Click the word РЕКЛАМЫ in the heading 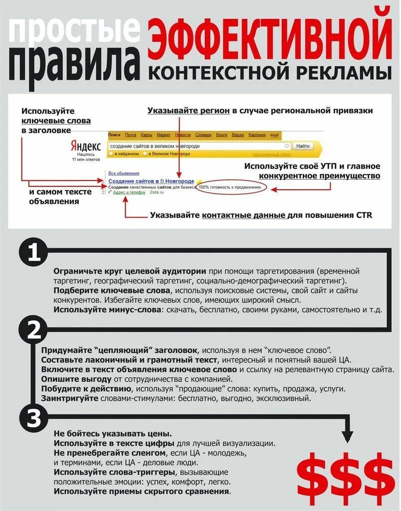(x=343, y=73)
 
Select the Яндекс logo (x=85, y=146)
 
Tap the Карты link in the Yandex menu (x=146, y=135)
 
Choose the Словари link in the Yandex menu (x=203, y=135)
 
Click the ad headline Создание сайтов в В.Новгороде (x=151, y=180)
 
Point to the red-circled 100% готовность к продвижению (x=230, y=188)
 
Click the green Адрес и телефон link (x=129, y=193)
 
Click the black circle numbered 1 (x=33, y=254)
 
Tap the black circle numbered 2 (x=33, y=330)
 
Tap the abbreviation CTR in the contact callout (x=364, y=216)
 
